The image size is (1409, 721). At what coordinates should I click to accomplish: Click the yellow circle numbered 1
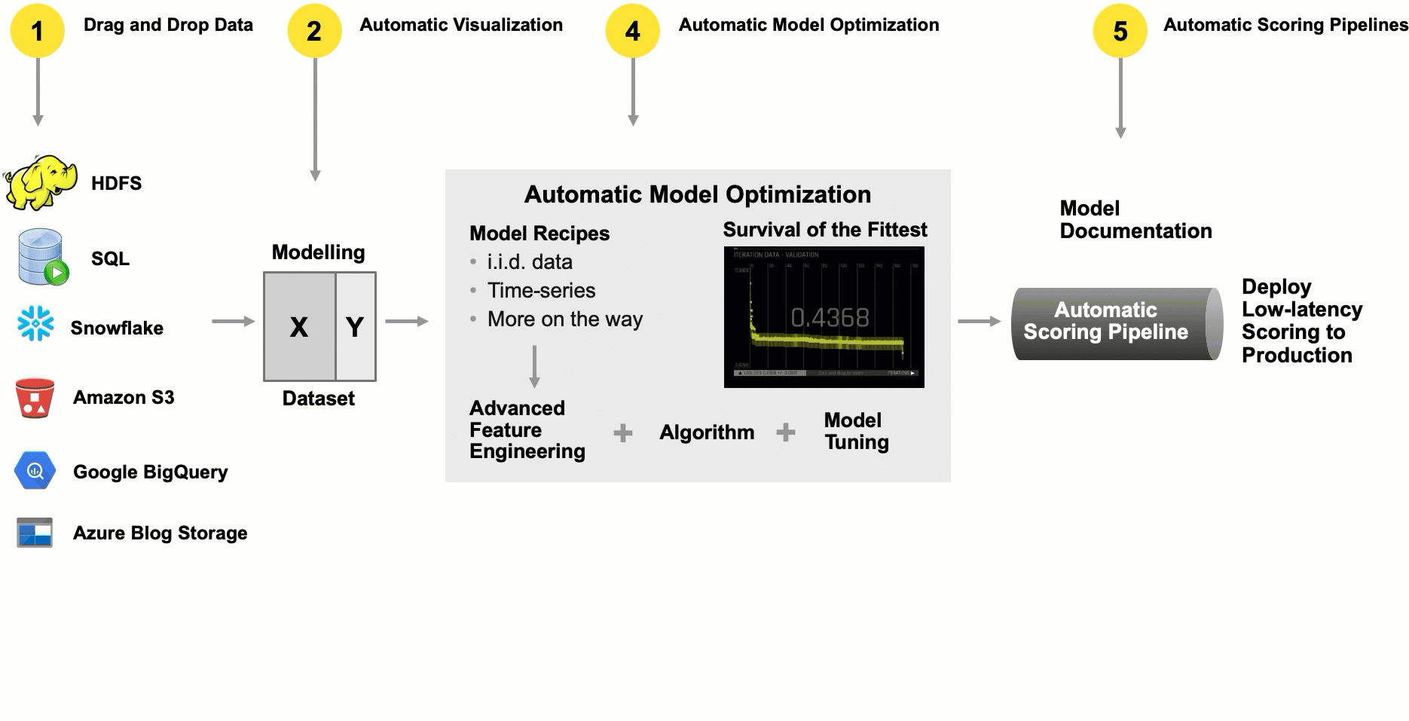[37, 31]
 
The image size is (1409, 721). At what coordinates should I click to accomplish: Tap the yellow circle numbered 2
[314, 31]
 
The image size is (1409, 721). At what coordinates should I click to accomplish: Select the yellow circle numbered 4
[632, 31]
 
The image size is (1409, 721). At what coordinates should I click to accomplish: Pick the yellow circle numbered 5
[1120, 31]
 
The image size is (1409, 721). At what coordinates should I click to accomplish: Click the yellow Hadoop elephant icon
[41, 182]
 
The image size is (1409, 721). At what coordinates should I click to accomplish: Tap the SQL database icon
[42, 258]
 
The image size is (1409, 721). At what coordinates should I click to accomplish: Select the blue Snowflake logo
[35, 324]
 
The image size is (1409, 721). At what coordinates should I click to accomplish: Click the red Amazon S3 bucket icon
[35, 398]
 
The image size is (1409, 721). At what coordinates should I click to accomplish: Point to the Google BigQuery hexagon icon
[35, 471]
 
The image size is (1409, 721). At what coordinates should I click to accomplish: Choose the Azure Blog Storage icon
[35, 533]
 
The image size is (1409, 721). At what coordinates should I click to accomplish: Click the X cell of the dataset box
[299, 327]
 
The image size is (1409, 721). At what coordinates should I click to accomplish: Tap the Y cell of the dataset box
[355, 327]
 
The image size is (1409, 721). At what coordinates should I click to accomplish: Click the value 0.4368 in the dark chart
[830, 318]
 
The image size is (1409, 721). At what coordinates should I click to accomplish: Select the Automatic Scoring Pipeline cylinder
[1115, 323]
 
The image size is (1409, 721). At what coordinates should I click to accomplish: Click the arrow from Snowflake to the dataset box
[233, 322]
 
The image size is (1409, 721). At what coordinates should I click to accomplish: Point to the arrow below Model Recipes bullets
[534, 367]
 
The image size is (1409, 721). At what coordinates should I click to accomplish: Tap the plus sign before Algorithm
[623, 432]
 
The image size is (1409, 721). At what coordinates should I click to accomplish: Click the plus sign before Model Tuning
[786, 432]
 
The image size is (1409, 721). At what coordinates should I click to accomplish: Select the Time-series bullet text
[541, 290]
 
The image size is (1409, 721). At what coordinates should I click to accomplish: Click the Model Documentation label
[1135, 219]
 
